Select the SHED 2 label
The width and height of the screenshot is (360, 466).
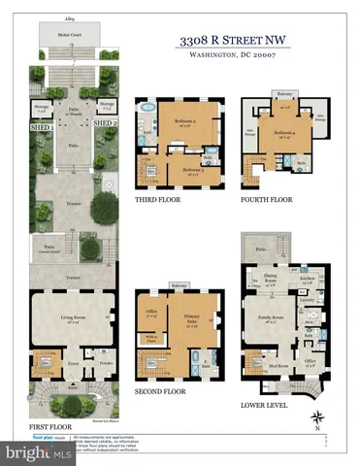click(x=105, y=123)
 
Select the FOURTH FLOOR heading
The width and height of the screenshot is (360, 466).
click(x=267, y=200)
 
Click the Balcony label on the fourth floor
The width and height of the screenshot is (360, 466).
click(x=283, y=94)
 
